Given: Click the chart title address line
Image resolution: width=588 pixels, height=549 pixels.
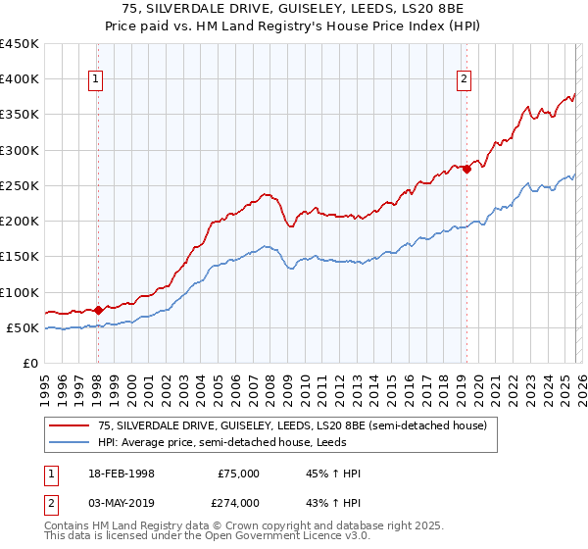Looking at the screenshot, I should [x=294, y=9].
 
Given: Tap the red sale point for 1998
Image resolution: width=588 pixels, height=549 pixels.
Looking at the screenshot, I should [x=99, y=310].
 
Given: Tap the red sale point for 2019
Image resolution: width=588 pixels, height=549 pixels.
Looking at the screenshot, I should [x=466, y=169].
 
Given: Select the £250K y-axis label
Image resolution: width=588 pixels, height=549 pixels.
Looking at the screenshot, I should [x=20, y=185].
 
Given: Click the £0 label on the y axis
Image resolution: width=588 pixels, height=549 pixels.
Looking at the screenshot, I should [x=31, y=363].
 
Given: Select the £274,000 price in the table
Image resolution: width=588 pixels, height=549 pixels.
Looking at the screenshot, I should [x=238, y=503].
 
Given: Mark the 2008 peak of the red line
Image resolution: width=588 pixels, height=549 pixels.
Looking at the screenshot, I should [x=266, y=193].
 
